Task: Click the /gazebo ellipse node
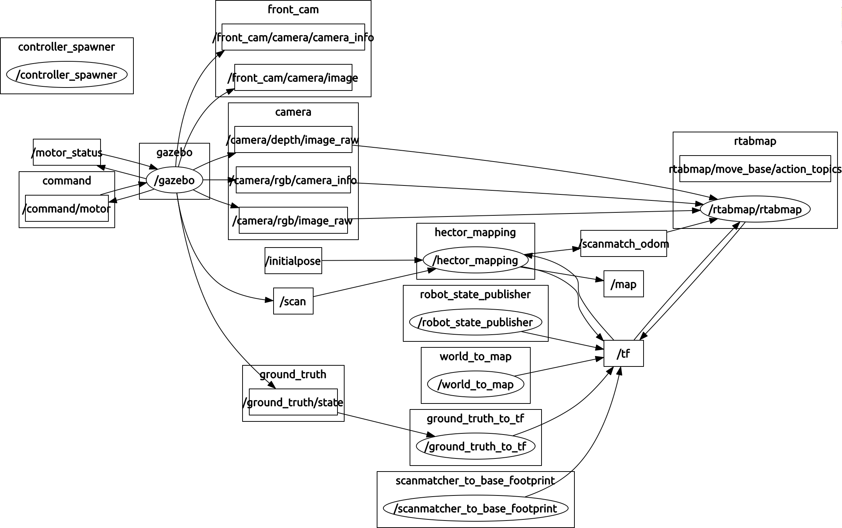(x=174, y=180)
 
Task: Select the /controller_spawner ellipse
(x=67, y=75)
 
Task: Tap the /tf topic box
(x=623, y=353)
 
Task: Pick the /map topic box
(x=623, y=284)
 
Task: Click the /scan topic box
(x=293, y=301)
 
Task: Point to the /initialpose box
(x=293, y=261)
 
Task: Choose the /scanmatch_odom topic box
(x=623, y=243)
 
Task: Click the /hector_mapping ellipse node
(x=475, y=260)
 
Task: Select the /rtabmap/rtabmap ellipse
(x=755, y=209)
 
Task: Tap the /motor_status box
(x=67, y=152)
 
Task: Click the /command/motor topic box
(x=67, y=208)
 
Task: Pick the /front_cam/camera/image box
(x=293, y=77)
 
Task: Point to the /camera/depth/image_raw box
(x=293, y=139)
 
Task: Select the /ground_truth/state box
(x=293, y=402)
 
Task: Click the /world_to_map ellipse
(x=475, y=384)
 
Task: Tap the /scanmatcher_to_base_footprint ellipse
(x=475, y=508)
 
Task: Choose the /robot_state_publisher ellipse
(x=475, y=322)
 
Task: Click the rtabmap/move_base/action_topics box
(x=755, y=169)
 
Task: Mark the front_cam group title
(x=293, y=9)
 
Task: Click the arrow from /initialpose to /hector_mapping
(x=370, y=260)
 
